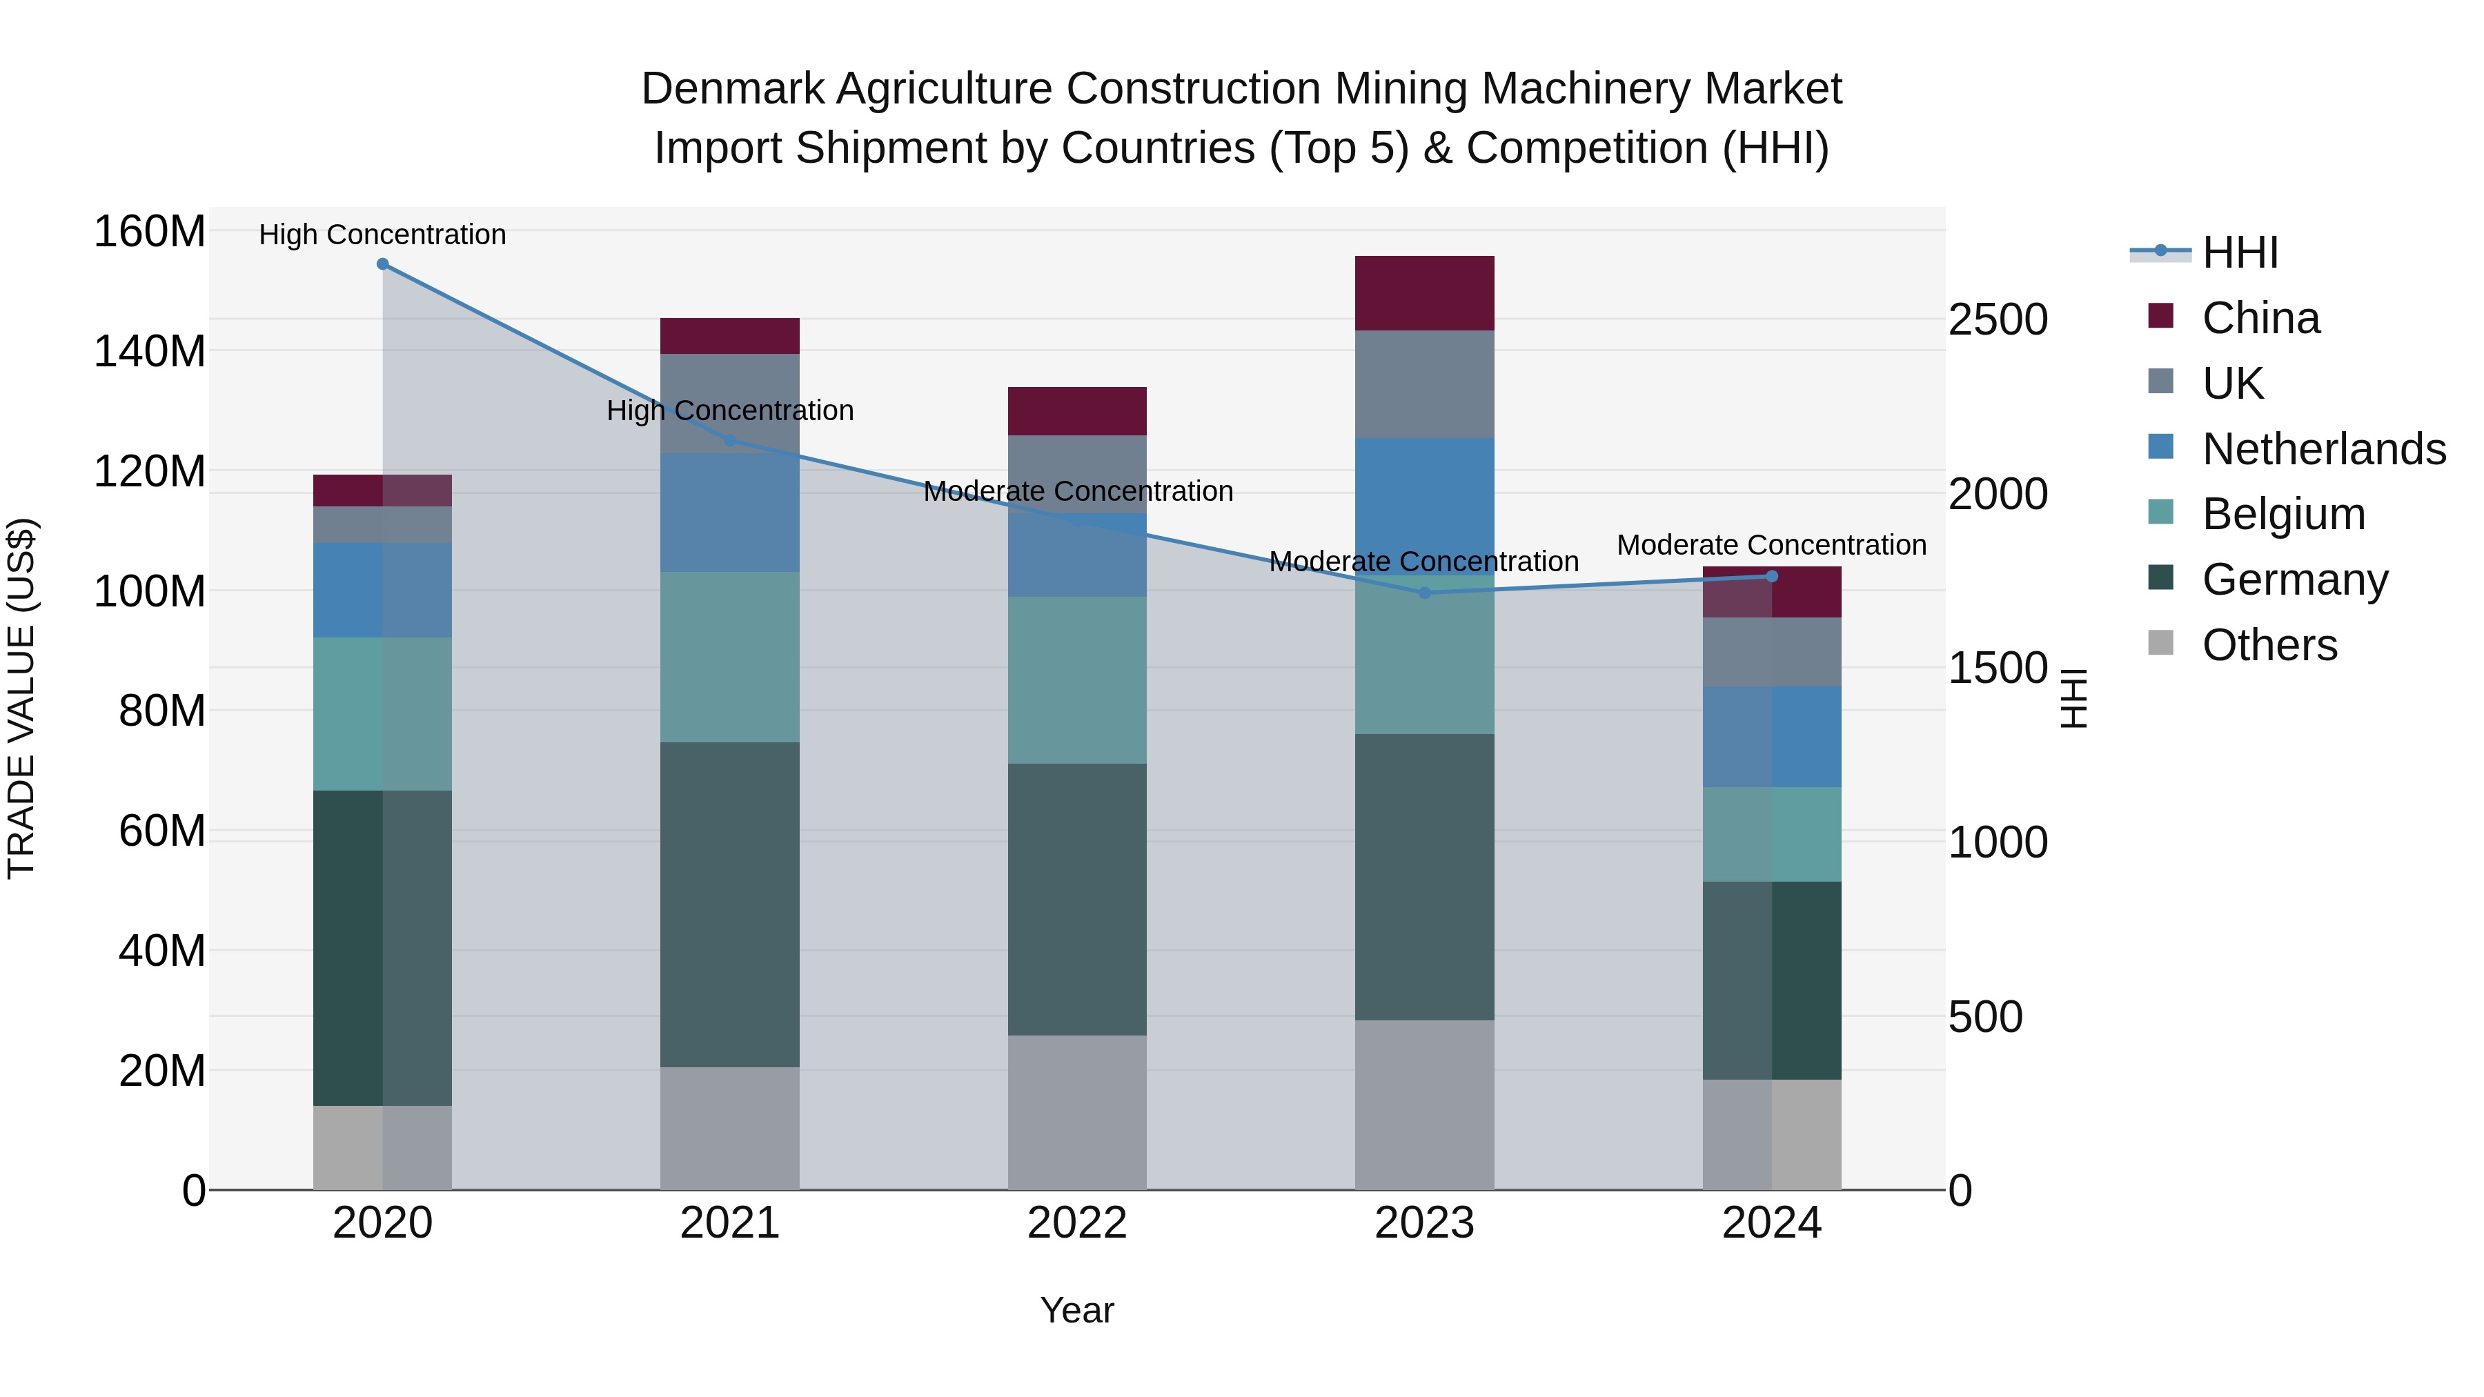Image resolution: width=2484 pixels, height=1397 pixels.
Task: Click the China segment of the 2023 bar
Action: click(x=1424, y=293)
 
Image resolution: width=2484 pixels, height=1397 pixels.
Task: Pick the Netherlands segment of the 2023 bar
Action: click(x=1424, y=506)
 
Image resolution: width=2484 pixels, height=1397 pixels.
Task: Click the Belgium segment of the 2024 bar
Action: click(x=1771, y=834)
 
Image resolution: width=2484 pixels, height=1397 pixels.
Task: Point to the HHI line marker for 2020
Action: click(x=383, y=264)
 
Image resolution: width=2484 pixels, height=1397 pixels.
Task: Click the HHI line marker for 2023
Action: click(x=1424, y=593)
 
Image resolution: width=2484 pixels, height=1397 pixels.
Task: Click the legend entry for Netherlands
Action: click(x=2323, y=449)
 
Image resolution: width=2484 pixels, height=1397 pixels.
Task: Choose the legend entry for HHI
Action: click(x=2240, y=252)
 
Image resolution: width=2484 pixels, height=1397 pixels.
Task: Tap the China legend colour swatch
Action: click(x=2161, y=316)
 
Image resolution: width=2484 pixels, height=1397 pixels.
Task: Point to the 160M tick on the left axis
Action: click(x=150, y=232)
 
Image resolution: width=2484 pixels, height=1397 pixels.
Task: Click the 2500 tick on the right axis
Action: click(x=1997, y=320)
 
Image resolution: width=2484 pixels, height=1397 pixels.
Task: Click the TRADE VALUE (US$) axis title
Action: click(x=22, y=698)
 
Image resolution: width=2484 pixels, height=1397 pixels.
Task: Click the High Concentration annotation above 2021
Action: click(x=730, y=410)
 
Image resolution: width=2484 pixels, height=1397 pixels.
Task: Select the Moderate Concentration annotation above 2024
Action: click(x=1771, y=546)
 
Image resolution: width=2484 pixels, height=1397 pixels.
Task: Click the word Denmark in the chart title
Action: click(x=733, y=90)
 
